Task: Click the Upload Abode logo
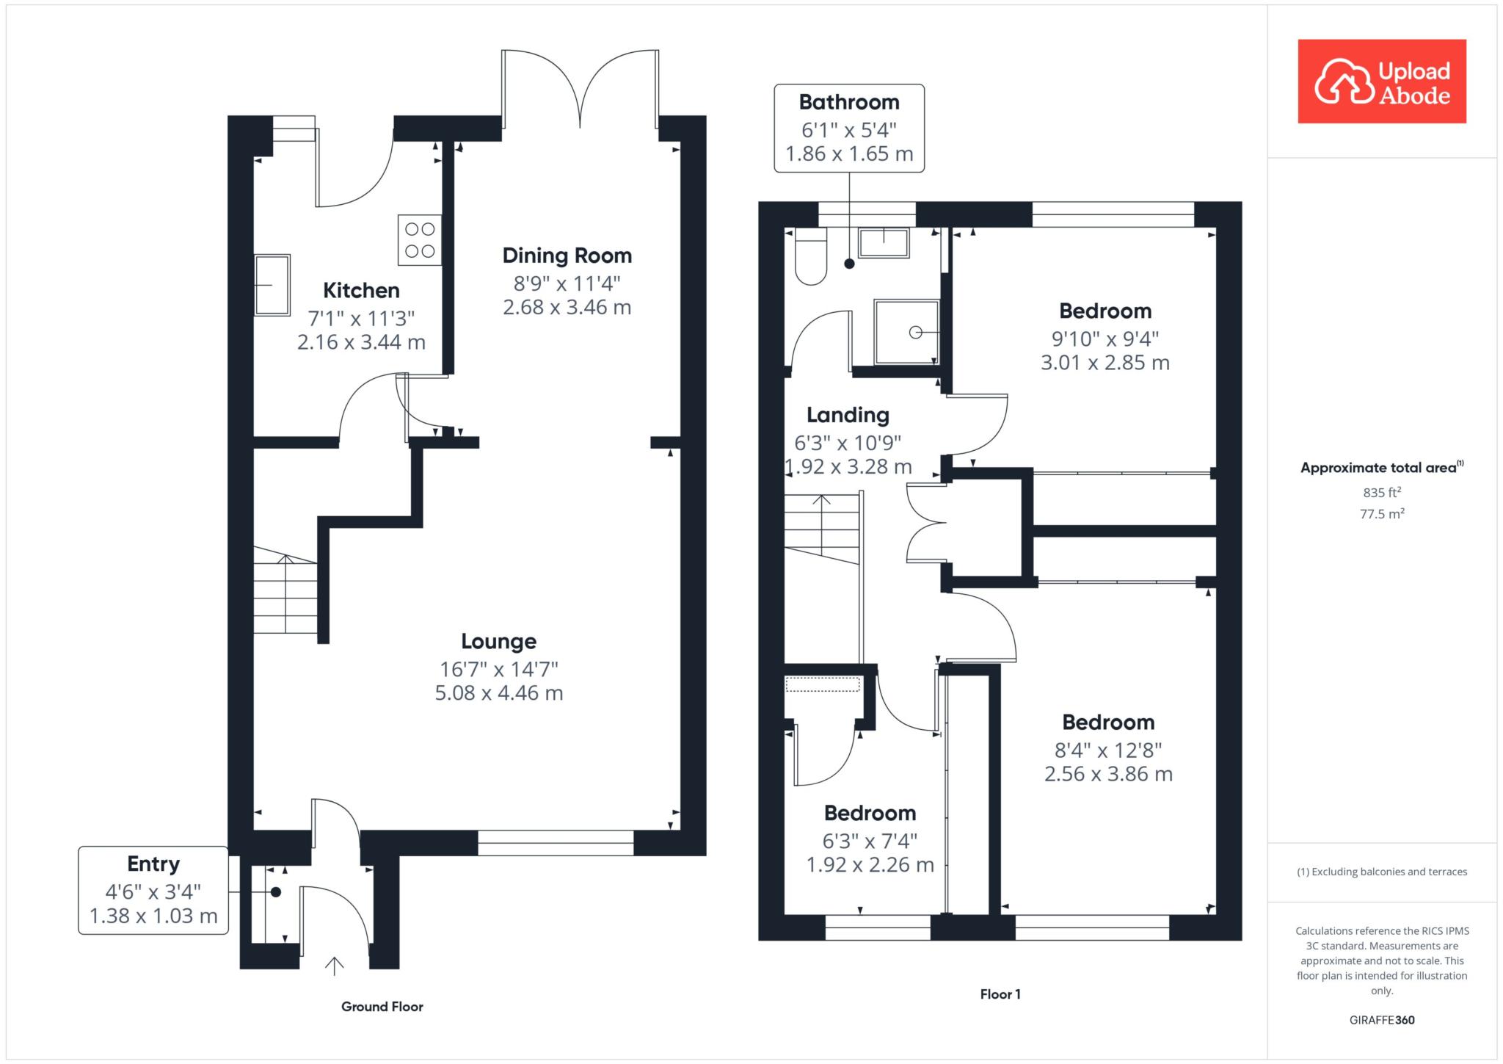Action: [1382, 81]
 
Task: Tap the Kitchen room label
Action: [361, 290]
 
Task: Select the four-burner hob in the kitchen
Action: [420, 240]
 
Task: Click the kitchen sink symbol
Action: [272, 285]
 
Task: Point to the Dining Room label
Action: [567, 256]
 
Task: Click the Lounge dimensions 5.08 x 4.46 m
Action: [499, 693]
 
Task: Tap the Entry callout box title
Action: [153, 864]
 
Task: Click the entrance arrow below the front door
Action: [335, 966]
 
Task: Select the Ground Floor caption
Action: [382, 1007]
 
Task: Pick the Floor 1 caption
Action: [1000, 994]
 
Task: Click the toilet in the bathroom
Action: [811, 256]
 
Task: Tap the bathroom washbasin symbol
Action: [884, 242]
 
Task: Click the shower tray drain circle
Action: [915, 333]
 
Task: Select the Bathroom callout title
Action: [849, 102]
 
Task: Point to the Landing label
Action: [848, 416]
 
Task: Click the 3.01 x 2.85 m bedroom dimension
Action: [1105, 363]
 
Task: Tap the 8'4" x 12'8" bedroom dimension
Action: [1108, 750]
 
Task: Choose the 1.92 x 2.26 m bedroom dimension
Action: [870, 865]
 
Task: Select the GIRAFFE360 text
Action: [1382, 1020]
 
